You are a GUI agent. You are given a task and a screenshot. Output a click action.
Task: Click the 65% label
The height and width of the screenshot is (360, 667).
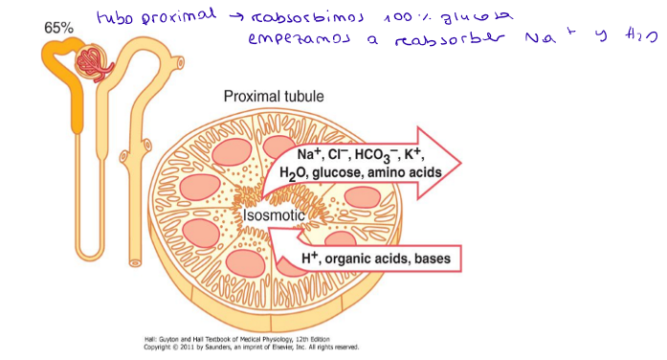point(58,28)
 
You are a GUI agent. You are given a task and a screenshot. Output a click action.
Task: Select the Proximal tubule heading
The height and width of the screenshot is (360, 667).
point(273,97)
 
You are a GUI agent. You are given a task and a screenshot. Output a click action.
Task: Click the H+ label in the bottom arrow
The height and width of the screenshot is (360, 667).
point(310,257)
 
